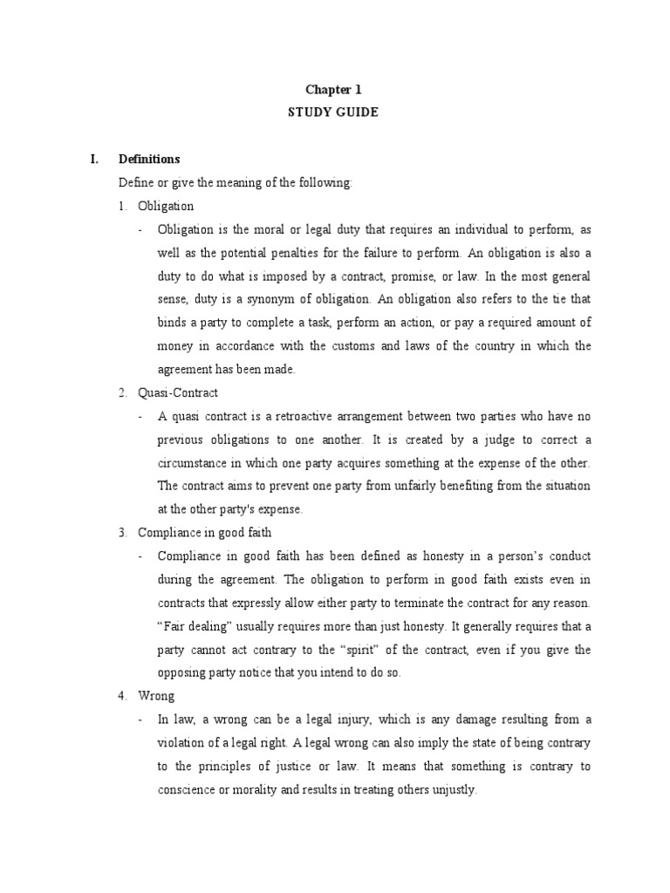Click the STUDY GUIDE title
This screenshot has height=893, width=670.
[x=334, y=112]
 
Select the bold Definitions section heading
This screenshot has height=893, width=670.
[x=149, y=160]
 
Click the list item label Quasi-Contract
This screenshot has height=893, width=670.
[x=178, y=392]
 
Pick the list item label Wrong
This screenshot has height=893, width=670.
[x=156, y=696]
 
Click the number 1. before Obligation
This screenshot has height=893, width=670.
[x=123, y=207]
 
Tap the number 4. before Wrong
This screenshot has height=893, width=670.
[x=123, y=696]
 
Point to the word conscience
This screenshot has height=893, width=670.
[x=188, y=790]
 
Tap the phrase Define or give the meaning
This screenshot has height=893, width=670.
[x=188, y=183]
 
